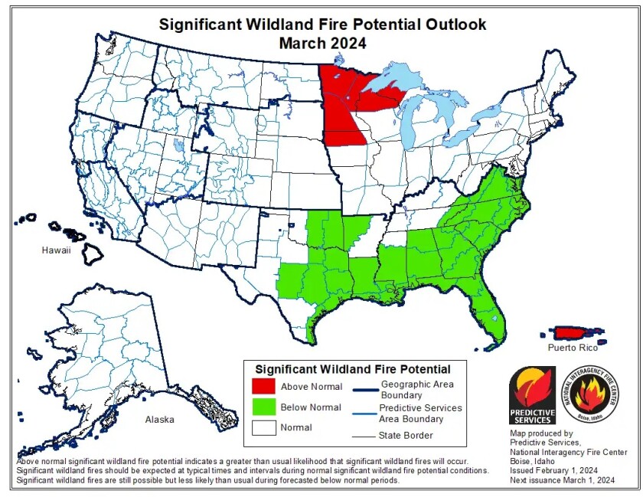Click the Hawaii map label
[57, 250]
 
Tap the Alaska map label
[160, 419]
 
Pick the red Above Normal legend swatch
[260, 387]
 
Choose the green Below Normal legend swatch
[260, 407]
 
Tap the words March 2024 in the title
[321, 43]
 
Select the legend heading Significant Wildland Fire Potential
[352, 369]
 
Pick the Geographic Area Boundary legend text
[417, 389]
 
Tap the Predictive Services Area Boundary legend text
[420, 414]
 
